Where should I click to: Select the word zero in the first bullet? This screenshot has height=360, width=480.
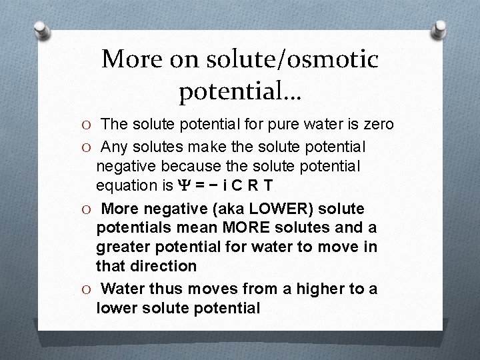[378, 124]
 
